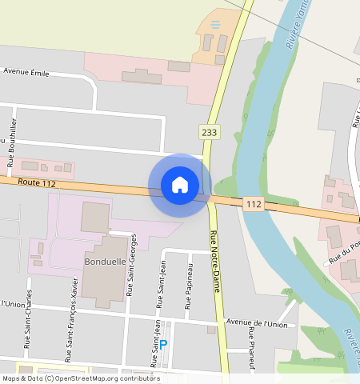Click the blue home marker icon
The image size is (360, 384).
pos(180,185)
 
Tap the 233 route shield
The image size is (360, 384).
pos(210,133)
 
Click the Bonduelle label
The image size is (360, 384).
pos(103,262)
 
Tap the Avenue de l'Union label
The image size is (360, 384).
pos(256,324)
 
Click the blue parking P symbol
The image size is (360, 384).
pos(163,345)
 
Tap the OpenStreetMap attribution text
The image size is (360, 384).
pos(80,378)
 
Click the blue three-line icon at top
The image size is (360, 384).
pos(214,25)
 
